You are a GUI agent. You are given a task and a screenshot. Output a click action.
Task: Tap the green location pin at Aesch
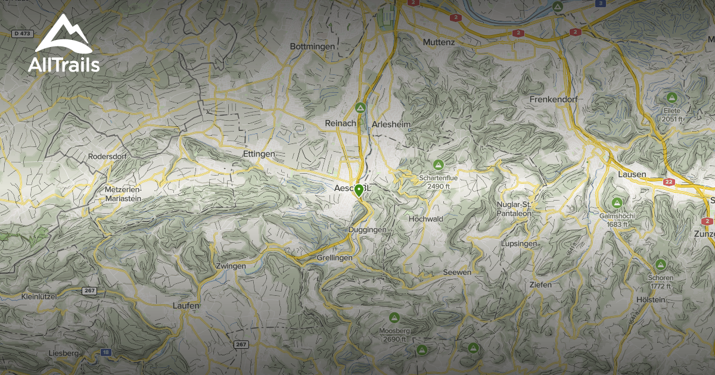pos(359,190)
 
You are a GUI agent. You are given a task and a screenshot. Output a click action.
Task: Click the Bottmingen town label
pos(312,46)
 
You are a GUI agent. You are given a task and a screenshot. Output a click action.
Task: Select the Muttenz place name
pos(439,42)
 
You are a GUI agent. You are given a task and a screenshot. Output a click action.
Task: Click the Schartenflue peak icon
pos(439,164)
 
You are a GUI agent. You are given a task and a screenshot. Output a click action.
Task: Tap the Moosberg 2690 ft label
pos(394,335)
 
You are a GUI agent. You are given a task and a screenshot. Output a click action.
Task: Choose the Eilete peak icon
pos(672,97)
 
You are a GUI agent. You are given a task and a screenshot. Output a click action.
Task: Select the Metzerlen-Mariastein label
pos(123,193)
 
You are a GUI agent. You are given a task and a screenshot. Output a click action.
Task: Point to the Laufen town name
pos(185,305)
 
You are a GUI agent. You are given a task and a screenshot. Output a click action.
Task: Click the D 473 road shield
pos(23,33)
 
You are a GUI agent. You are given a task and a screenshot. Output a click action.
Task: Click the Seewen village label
pos(457,272)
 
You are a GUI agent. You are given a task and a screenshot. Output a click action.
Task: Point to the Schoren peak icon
pos(660,264)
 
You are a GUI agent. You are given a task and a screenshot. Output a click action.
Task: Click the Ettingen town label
pos(259,154)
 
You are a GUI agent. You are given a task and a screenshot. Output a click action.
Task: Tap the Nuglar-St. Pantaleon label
pos(514,209)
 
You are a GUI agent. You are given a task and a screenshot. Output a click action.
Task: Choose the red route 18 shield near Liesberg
pos(106,352)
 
